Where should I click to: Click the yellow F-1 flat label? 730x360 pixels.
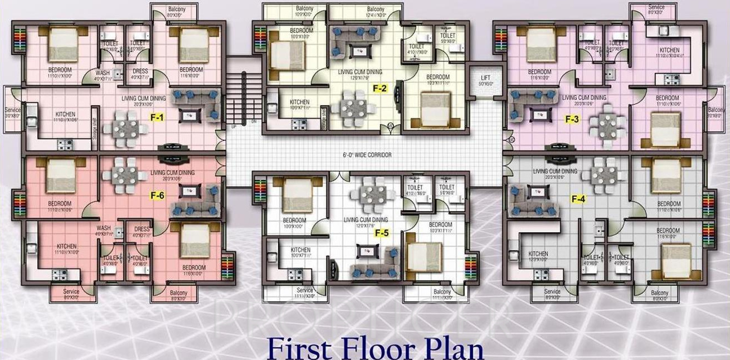coord(157,118)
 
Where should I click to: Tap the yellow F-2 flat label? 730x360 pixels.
coord(381,89)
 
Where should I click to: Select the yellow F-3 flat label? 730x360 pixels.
coord(572,119)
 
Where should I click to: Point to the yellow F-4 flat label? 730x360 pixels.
coord(578,198)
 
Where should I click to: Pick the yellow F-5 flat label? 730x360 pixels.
coord(381,233)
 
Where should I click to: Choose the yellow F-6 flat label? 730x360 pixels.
coord(157,195)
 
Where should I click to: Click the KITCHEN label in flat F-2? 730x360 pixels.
coord(299,102)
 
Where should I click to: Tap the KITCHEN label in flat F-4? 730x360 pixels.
coord(538,254)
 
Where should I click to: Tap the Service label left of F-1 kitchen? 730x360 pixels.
coord(12,110)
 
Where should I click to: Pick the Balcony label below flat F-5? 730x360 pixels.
coord(442,292)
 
